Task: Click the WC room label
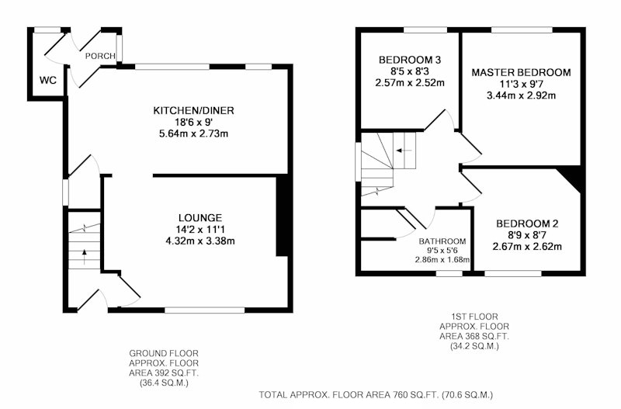click(x=48, y=81)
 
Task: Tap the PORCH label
click(x=100, y=56)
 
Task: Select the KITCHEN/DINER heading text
click(x=193, y=110)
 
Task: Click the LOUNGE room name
click(x=200, y=218)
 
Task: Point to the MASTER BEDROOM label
click(x=521, y=72)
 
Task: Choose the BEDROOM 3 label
click(x=410, y=60)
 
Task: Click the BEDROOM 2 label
click(x=527, y=224)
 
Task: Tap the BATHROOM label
click(x=442, y=241)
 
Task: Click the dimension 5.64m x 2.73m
click(x=193, y=133)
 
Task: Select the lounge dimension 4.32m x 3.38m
click(x=200, y=241)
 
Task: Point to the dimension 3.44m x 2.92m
click(x=521, y=95)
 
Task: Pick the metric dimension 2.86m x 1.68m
click(x=442, y=260)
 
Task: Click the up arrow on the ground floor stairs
click(x=84, y=257)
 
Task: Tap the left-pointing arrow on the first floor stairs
click(x=404, y=151)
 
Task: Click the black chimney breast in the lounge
click(x=282, y=217)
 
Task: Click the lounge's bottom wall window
click(x=205, y=310)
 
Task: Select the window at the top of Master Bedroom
click(x=522, y=29)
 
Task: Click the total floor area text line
click(x=376, y=395)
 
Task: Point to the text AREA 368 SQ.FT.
click(x=474, y=336)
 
